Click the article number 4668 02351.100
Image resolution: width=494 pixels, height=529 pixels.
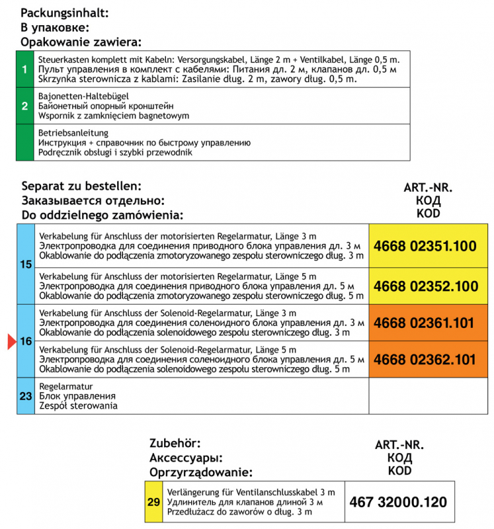425,247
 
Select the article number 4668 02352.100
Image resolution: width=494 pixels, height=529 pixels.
425,286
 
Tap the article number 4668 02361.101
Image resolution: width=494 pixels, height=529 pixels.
425,323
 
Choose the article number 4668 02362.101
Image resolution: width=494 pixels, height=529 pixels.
425,360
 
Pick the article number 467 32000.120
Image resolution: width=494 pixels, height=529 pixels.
397,502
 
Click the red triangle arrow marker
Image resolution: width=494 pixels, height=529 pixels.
11,342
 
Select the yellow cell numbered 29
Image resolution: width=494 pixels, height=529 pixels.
153,503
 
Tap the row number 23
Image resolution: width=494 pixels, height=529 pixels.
26,396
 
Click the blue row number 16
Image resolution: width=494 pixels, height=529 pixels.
26,342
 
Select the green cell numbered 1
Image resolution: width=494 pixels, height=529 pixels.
24,69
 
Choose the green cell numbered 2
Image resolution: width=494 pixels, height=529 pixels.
24,106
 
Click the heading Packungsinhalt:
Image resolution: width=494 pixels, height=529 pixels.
64,13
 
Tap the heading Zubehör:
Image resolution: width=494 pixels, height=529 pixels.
175,443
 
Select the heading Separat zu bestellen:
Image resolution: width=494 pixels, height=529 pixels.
81,186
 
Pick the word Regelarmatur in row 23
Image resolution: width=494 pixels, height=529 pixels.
66,386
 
